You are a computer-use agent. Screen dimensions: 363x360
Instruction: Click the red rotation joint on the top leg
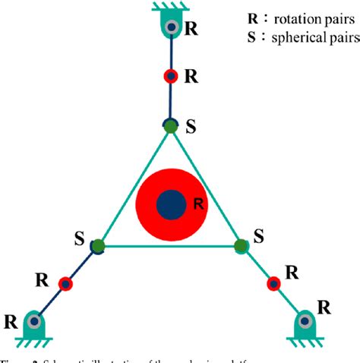tap(171, 76)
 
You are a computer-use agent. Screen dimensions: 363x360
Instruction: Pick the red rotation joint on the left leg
tap(66, 284)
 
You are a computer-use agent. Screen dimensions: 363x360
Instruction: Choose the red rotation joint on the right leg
tap(273, 284)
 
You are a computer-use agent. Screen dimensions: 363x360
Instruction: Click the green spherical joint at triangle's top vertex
tap(171, 126)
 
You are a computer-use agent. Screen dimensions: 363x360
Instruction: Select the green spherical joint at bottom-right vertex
tap(241, 245)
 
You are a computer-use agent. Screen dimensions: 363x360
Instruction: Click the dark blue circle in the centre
tap(171, 204)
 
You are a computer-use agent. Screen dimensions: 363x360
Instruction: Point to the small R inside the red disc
tap(197, 204)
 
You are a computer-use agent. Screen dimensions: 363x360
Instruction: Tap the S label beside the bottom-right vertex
tap(258, 237)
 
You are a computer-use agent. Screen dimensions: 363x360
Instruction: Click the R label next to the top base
tap(192, 30)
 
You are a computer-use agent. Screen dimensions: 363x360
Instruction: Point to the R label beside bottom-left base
tap(11, 320)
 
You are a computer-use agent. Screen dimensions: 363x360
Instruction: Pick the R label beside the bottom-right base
tap(324, 308)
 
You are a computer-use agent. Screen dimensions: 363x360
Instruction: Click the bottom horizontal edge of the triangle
tap(169, 246)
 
